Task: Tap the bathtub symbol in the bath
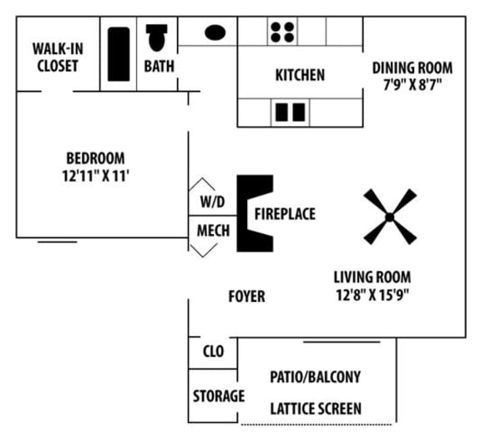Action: point(119,54)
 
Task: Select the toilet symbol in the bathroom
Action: point(157,38)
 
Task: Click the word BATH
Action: point(159,65)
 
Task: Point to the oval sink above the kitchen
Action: point(215,33)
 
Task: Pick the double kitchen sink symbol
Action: point(290,111)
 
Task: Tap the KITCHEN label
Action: point(300,75)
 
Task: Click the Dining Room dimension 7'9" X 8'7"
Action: point(412,84)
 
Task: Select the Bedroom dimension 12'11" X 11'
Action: point(96,176)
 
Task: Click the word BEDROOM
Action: point(96,158)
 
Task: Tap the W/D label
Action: point(211,201)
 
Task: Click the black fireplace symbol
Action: point(251,213)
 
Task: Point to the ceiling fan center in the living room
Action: point(389,217)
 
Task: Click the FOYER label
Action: point(246,296)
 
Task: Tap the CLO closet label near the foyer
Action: point(213,352)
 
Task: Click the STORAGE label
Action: point(219,395)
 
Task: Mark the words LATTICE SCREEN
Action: point(316,409)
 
